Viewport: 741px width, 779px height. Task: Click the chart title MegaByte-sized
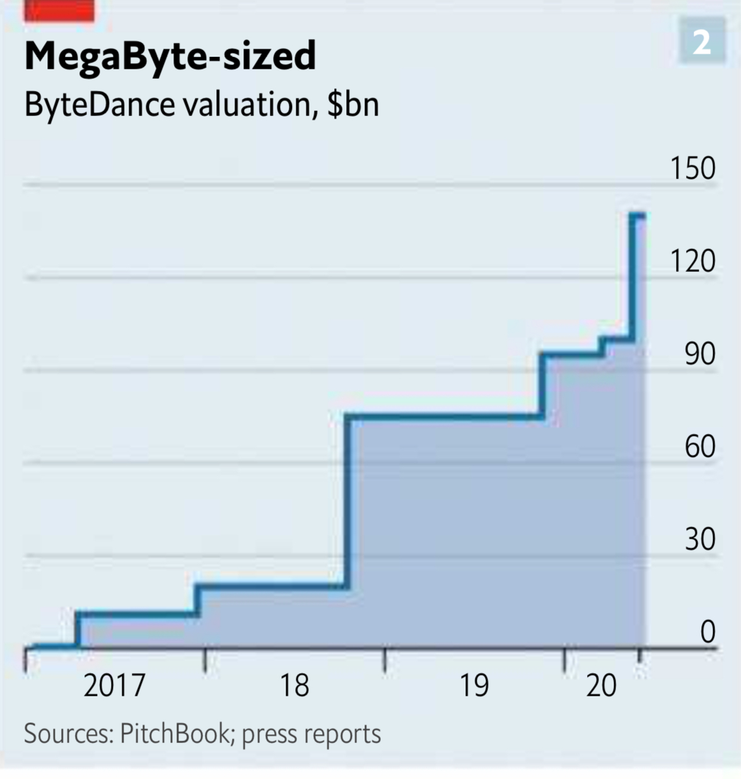170,56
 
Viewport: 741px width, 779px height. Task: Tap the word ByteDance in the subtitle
100,104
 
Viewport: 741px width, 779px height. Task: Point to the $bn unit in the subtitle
353,104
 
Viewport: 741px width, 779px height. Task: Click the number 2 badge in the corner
701,42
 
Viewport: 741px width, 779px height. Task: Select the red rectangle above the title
59,11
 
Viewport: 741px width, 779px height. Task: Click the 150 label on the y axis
692,168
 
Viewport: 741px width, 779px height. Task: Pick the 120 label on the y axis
692,261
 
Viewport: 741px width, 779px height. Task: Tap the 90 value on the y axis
700,354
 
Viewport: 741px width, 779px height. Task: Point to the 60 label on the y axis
700,447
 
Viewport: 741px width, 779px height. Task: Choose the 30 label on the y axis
700,539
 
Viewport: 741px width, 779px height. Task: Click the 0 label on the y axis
708,631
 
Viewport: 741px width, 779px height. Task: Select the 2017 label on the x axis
114,686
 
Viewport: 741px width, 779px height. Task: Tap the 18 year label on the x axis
294,686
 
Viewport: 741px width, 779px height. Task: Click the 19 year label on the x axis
474,686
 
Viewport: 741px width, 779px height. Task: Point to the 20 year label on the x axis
601,686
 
